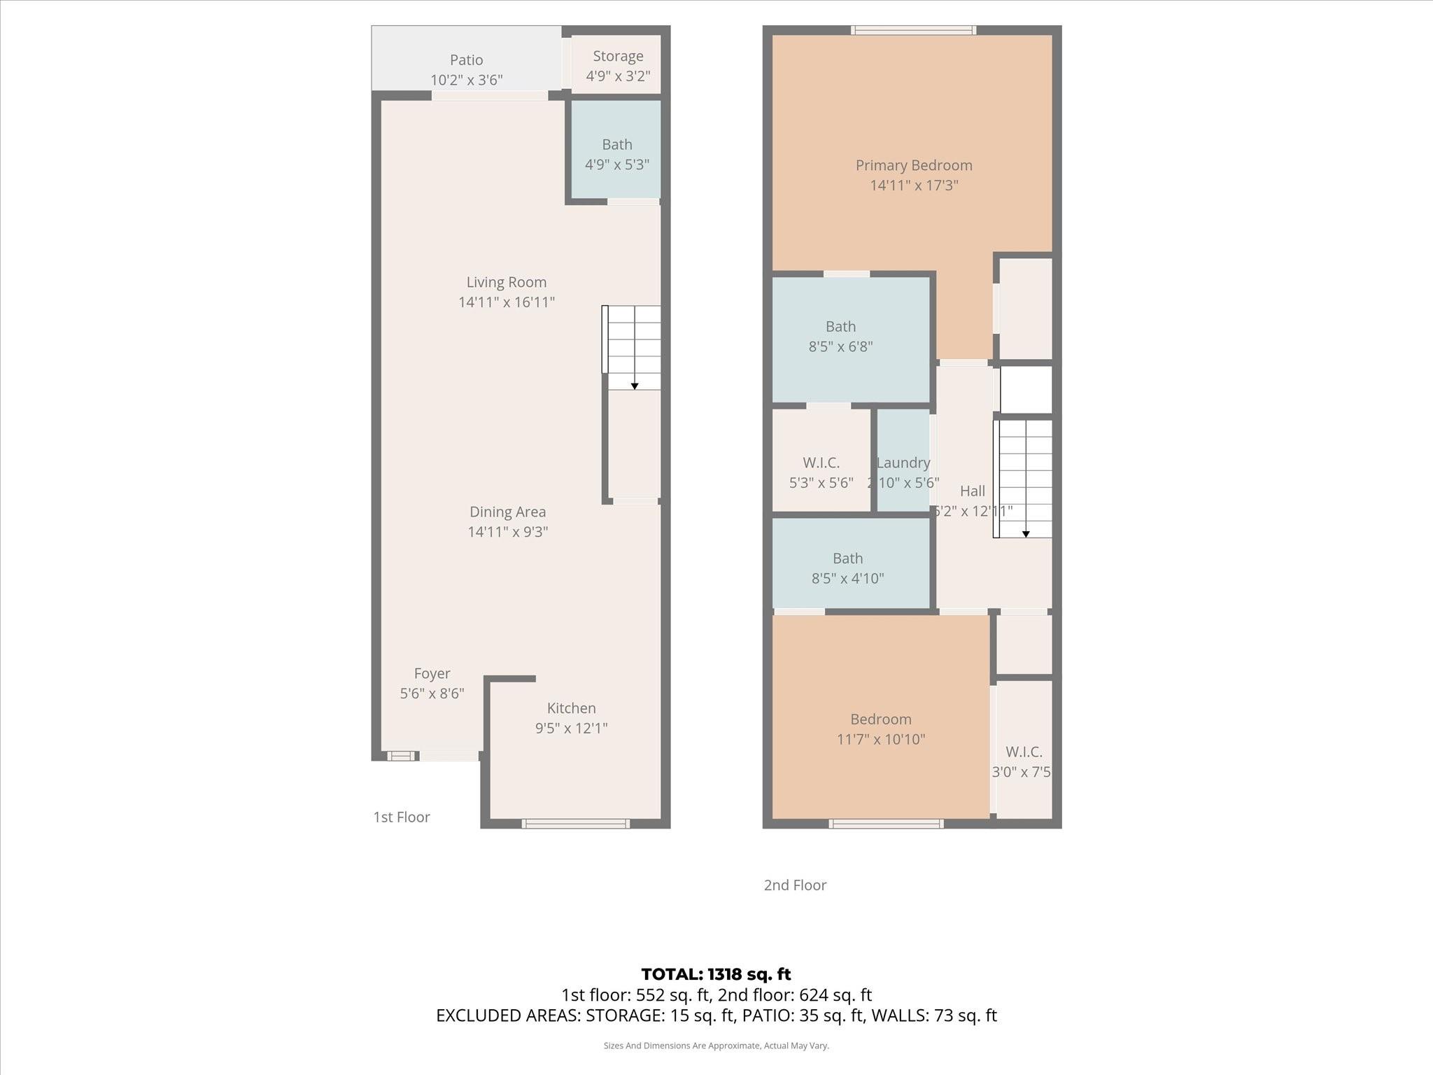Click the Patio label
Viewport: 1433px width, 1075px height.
tap(466, 60)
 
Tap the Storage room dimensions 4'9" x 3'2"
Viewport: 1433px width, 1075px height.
tap(618, 76)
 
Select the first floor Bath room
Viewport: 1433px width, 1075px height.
tap(616, 150)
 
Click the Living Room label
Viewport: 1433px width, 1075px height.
tap(506, 282)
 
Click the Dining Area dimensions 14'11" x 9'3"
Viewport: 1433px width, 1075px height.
tap(507, 532)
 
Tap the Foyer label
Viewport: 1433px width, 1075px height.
tap(432, 673)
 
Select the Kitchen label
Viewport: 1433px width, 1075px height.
tap(571, 708)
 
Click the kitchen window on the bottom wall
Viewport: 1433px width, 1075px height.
tap(576, 824)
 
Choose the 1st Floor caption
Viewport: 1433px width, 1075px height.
tap(402, 817)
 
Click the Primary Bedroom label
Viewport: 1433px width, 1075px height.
tap(914, 165)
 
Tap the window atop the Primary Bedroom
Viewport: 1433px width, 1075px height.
tap(913, 30)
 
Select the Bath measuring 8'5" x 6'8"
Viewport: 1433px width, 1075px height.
tap(840, 337)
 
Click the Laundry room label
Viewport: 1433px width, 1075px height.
tap(903, 463)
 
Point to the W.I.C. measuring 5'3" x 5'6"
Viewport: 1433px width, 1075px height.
tap(821, 472)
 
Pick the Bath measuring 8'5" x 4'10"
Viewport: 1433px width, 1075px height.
tap(847, 568)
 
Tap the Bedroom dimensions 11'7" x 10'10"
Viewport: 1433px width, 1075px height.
tap(881, 739)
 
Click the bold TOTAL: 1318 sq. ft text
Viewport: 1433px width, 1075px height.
tap(716, 974)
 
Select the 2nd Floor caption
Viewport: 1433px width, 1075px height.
tap(795, 885)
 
